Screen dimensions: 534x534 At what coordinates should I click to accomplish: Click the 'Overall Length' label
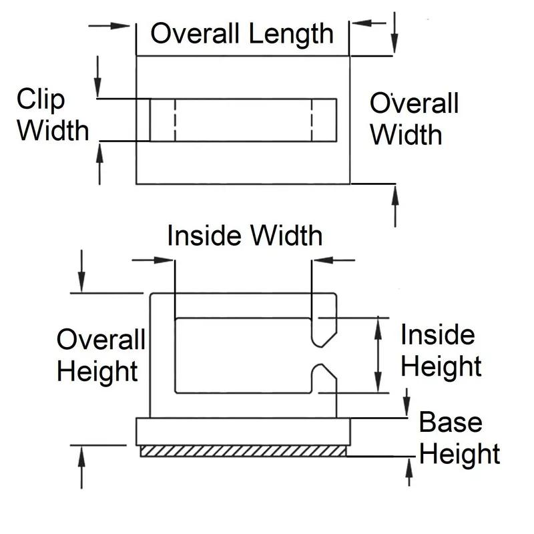pos(241,33)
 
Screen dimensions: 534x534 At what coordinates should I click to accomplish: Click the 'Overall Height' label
pos(100,355)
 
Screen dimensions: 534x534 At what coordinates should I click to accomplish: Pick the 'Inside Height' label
pos(441,350)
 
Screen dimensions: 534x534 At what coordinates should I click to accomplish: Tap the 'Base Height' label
pos(459,439)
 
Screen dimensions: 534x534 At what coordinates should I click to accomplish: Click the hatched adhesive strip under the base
pos(243,452)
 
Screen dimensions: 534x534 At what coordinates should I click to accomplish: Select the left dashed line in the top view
pos(175,120)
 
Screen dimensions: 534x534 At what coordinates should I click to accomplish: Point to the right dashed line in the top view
pos(312,120)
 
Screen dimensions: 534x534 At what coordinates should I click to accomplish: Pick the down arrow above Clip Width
pos(98,77)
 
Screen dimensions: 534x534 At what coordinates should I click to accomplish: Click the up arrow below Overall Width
pos(395,204)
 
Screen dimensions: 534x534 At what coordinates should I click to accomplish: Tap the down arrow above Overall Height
pos(81,270)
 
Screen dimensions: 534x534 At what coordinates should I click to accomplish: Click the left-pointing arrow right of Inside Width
pos(334,259)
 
